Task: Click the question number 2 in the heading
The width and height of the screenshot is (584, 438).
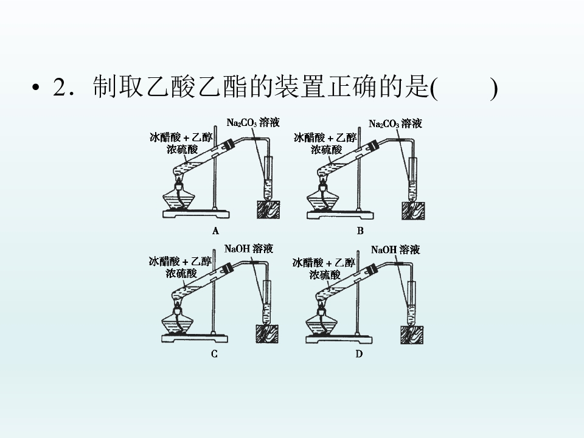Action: coord(60,88)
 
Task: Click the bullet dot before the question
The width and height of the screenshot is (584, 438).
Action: coord(36,88)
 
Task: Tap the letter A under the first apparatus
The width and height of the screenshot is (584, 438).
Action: coord(215,231)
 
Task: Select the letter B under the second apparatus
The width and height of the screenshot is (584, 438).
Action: coord(360,231)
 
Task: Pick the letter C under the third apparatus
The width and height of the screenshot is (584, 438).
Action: coord(214,354)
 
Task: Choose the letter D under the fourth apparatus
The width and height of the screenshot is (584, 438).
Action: coord(359,354)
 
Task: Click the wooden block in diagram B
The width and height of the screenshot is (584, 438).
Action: coord(413,210)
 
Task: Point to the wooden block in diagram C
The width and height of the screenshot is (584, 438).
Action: coord(267,334)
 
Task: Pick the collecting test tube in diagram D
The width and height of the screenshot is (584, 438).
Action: coord(411,303)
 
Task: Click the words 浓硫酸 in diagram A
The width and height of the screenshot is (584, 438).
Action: coord(182,150)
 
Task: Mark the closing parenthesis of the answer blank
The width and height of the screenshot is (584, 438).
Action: coord(493,89)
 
